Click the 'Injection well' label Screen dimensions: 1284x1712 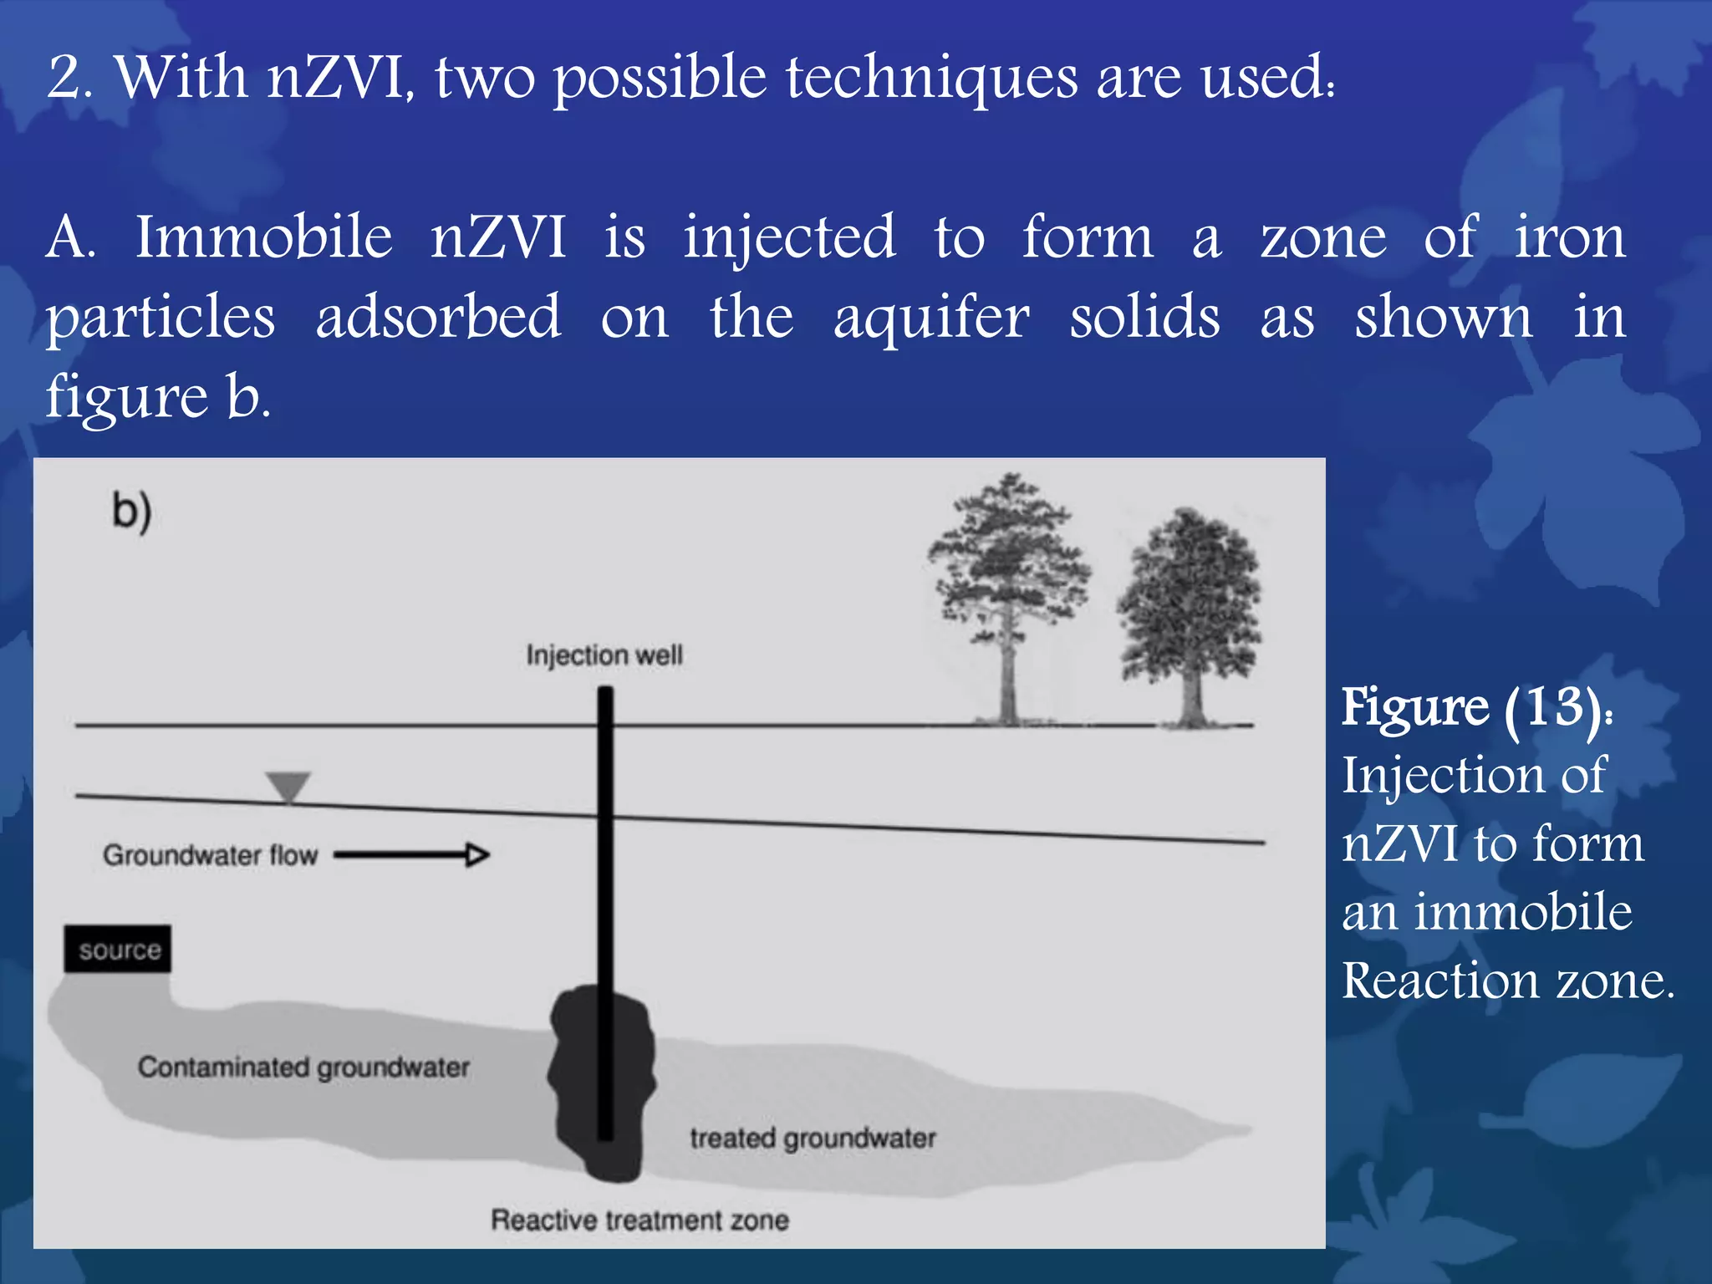coord(604,655)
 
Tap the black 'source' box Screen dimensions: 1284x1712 coord(118,949)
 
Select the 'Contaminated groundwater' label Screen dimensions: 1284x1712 coord(303,1067)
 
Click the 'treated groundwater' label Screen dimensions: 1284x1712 coord(813,1138)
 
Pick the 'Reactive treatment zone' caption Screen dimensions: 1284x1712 coord(639,1220)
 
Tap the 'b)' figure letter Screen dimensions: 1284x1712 coord(132,511)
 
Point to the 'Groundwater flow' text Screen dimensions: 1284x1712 coord(211,855)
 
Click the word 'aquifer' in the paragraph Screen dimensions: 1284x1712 coord(931,318)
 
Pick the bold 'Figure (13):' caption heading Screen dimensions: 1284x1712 coord(1477,708)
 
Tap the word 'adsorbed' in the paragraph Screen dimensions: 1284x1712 coord(438,317)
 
